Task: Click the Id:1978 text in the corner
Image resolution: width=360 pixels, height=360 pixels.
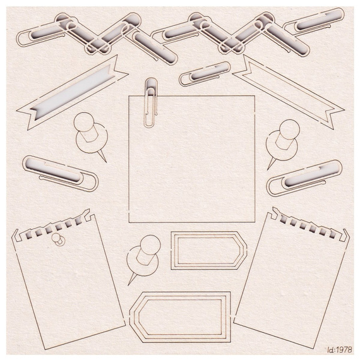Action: (x=340, y=350)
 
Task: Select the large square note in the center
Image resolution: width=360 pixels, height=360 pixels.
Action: (x=192, y=159)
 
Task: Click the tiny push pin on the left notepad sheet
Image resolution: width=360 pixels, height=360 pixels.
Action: (x=57, y=239)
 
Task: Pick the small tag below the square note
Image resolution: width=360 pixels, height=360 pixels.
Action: (x=208, y=250)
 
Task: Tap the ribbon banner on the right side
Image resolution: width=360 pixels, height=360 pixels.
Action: (x=289, y=90)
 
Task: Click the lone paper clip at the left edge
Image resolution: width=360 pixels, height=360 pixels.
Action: (x=60, y=173)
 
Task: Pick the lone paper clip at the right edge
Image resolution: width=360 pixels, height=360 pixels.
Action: (x=306, y=178)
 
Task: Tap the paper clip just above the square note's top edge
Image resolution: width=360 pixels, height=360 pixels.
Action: (x=205, y=73)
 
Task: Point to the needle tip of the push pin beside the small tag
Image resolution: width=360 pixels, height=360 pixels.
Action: (x=128, y=285)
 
